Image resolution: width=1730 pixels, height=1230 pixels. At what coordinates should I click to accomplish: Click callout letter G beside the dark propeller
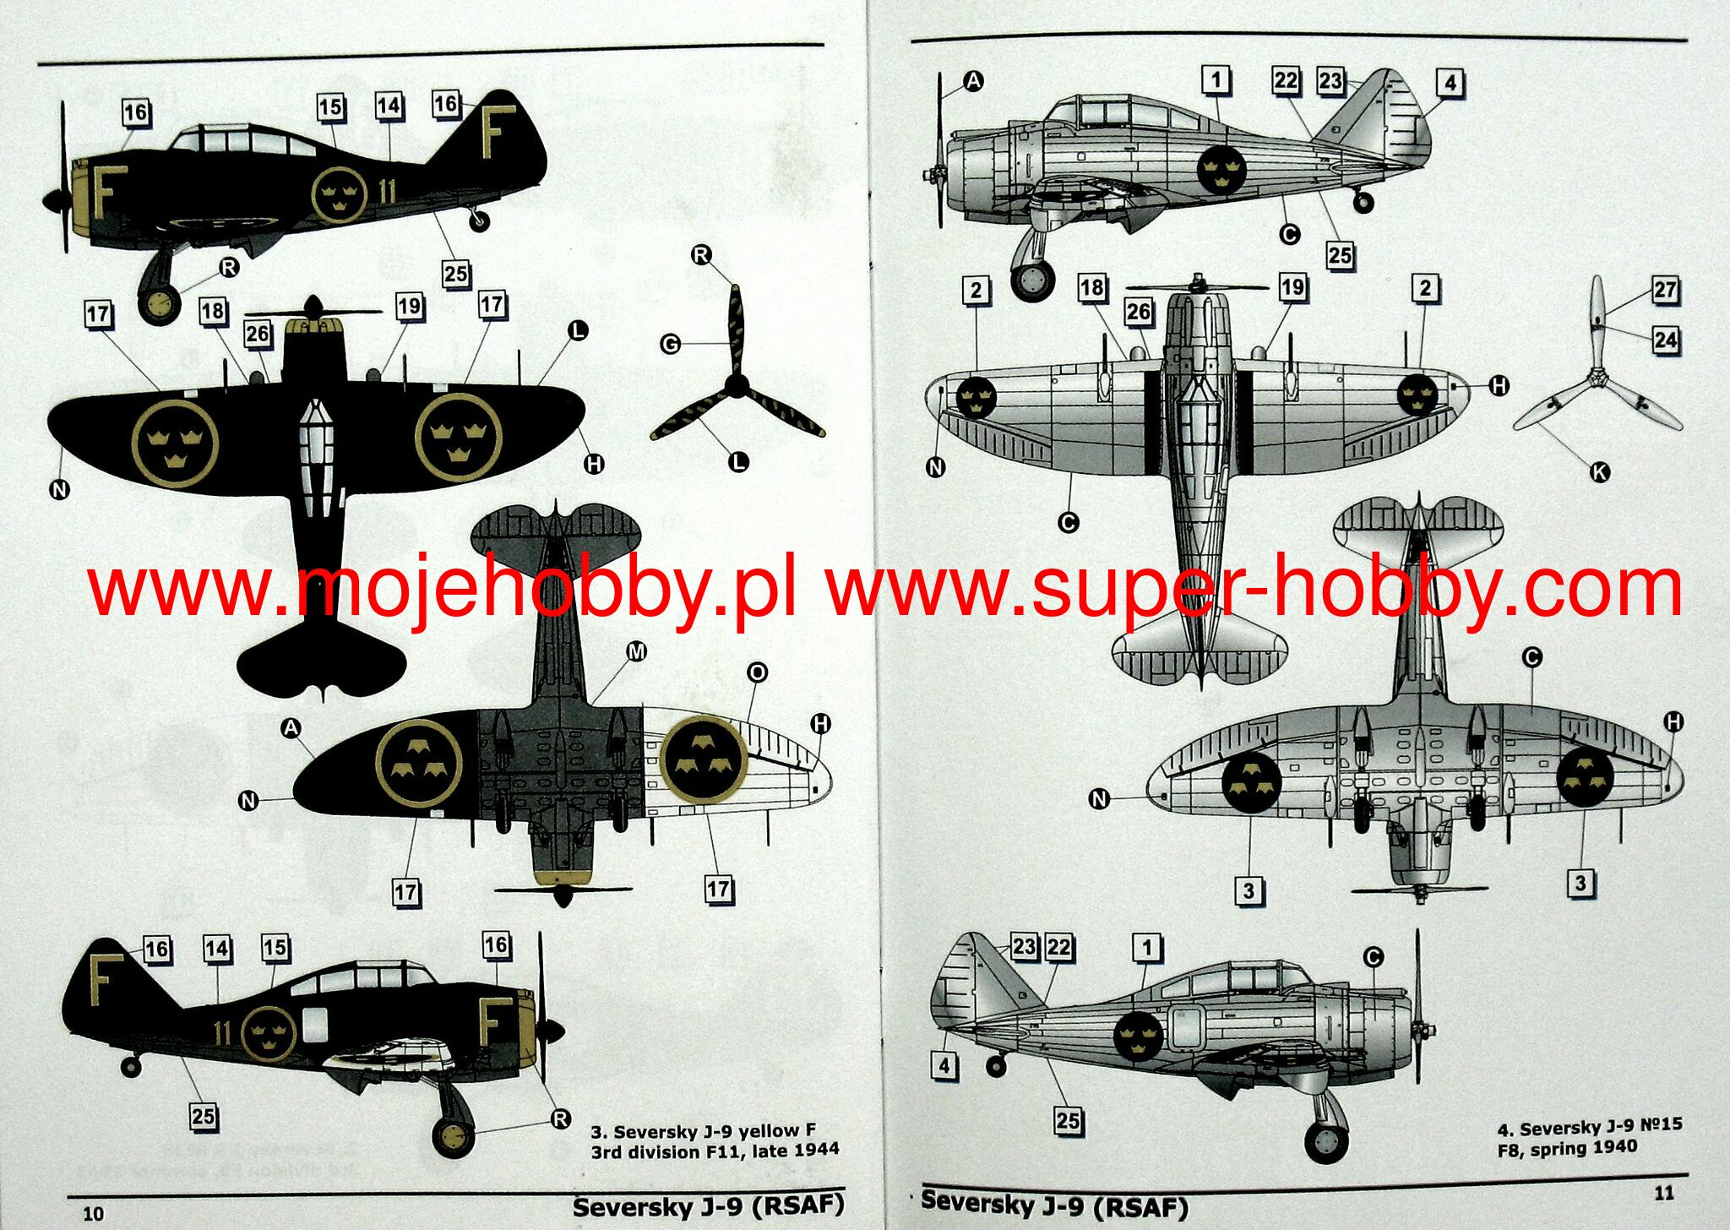[x=670, y=344]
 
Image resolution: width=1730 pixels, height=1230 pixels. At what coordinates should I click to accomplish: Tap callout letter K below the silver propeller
[x=1599, y=472]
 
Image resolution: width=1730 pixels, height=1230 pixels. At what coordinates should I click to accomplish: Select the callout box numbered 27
[x=1665, y=290]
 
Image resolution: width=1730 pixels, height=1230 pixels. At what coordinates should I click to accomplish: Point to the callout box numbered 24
[x=1665, y=340]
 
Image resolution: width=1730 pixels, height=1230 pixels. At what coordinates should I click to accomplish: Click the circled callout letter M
[x=636, y=651]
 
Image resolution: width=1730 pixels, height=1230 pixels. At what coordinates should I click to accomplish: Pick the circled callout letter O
[x=757, y=672]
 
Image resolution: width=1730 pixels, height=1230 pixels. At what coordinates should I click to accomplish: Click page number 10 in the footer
[x=93, y=1213]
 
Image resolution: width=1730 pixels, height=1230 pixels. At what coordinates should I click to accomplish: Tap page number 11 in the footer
[x=1663, y=1193]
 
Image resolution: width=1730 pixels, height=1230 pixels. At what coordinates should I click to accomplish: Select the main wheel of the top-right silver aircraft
[x=1032, y=280]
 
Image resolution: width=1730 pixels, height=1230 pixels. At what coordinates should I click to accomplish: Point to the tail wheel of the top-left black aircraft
[x=479, y=221]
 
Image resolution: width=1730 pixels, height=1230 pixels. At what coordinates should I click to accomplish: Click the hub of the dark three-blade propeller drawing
[x=737, y=386]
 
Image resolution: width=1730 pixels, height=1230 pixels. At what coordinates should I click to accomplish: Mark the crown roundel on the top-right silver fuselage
[x=1221, y=170]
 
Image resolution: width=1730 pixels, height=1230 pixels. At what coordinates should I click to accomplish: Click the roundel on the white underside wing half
[x=703, y=758]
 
